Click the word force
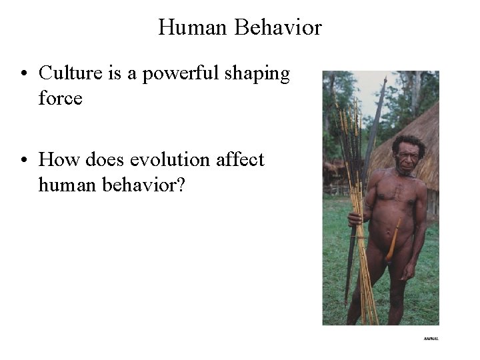coord(61,99)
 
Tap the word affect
coord(240,160)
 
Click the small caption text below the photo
coord(431,339)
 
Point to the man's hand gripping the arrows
coord(354,219)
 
